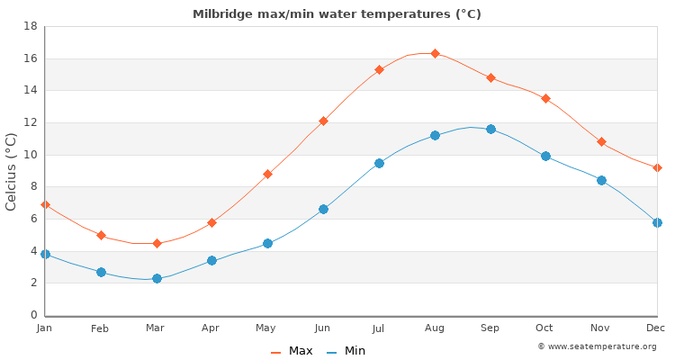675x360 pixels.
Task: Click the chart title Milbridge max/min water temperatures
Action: tap(337, 14)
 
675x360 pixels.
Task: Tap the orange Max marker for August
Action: tap(435, 54)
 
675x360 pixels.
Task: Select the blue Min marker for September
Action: tap(490, 130)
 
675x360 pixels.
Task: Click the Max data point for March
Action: tap(157, 243)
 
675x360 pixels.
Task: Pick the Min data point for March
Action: tap(157, 279)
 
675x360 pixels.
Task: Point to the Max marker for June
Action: tap(323, 121)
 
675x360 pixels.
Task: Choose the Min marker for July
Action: tap(379, 164)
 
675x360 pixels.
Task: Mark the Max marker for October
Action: tap(545, 98)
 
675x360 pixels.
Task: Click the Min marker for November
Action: tap(601, 180)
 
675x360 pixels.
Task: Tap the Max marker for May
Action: tap(267, 174)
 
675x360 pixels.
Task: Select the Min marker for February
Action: tap(101, 272)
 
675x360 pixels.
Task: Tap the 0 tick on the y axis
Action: tap(33, 315)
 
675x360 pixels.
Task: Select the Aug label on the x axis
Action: tap(435, 328)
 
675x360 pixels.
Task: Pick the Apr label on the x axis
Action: tap(211, 328)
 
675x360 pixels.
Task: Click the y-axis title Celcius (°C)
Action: tap(12, 171)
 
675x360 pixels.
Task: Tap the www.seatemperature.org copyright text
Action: tap(597, 346)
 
